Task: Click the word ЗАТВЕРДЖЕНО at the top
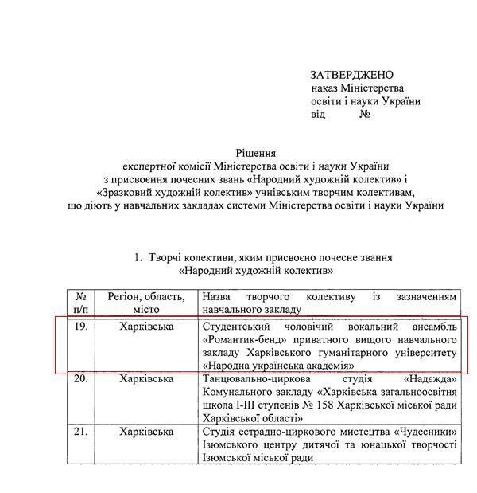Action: pyautogui.click(x=353, y=75)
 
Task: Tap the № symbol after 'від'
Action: pyautogui.click(x=366, y=114)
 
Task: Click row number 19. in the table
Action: pyautogui.click(x=80, y=327)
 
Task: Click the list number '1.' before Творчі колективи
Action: pyautogui.click(x=138, y=258)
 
